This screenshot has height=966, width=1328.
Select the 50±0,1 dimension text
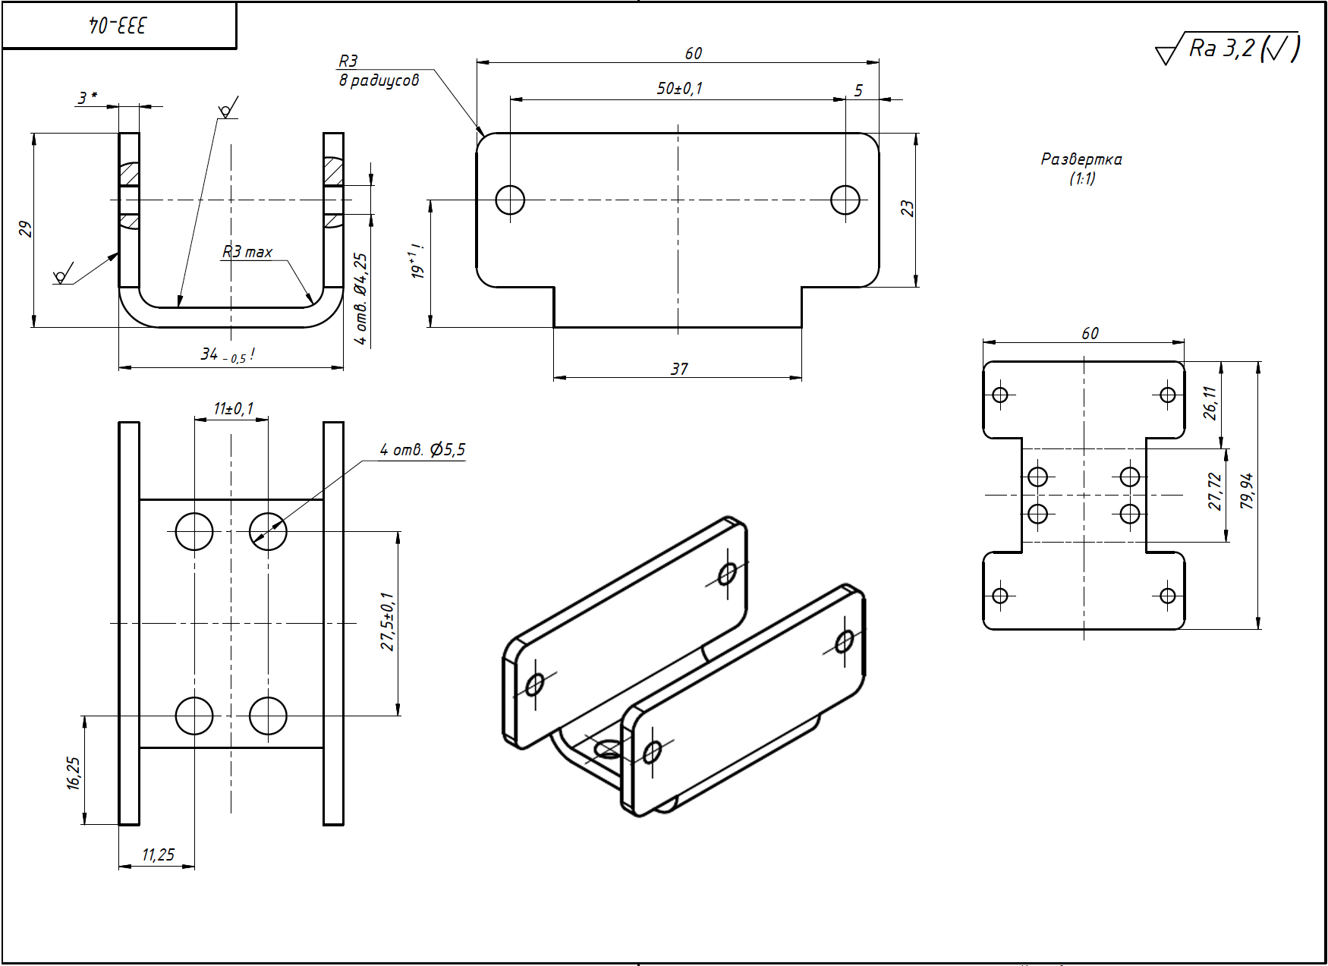(x=679, y=89)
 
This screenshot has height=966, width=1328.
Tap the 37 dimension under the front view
(x=679, y=369)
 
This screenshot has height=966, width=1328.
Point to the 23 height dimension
(x=908, y=209)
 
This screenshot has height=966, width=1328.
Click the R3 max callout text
(x=247, y=252)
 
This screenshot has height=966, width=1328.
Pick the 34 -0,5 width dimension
(x=226, y=354)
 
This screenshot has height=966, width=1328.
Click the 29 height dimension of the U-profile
(x=25, y=229)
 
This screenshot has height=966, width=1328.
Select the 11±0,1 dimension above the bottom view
(x=233, y=409)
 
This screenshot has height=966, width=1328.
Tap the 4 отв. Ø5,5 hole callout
(x=423, y=450)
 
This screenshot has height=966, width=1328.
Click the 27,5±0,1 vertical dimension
(x=388, y=621)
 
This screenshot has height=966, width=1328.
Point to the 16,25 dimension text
(x=73, y=772)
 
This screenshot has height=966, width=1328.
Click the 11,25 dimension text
(x=158, y=855)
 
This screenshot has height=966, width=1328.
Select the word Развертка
(x=1081, y=159)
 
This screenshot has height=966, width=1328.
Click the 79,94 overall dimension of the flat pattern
(x=1247, y=491)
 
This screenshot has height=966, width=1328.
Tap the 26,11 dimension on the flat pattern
(x=1210, y=403)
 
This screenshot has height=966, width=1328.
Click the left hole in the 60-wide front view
(x=510, y=200)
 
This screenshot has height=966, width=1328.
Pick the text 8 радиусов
(x=379, y=80)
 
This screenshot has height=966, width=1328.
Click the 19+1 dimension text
(x=417, y=262)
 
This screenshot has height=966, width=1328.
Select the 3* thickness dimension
(x=87, y=98)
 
